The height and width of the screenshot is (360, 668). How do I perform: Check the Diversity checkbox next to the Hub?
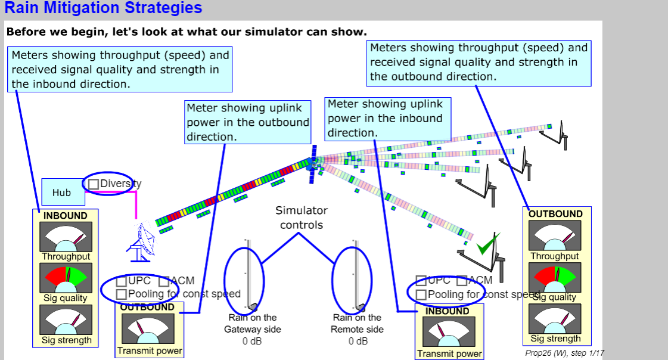[94, 184]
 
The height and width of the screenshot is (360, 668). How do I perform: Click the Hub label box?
[61, 193]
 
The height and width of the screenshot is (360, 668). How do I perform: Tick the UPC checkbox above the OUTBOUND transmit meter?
[122, 281]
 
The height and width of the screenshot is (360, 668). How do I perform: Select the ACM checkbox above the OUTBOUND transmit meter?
[164, 281]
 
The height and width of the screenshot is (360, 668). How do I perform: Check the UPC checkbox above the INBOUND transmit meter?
[421, 281]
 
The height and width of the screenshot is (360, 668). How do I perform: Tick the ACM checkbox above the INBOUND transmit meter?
[462, 281]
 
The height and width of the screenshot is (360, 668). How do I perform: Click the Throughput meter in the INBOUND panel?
[66, 237]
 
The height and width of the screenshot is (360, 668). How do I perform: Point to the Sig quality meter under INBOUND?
[66, 278]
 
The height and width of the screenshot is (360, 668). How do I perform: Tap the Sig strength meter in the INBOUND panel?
[66, 320]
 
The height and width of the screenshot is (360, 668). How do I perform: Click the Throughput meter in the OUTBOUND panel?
[555, 235]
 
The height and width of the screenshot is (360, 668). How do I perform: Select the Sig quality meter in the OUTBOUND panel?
[555, 277]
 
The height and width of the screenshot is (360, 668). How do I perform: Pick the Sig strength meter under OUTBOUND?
[555, 318]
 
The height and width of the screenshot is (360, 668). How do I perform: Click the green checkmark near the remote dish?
[487, 244]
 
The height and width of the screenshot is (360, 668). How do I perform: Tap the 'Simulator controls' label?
[302, 218]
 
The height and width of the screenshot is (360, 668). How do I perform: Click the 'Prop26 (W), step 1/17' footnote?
[564, 353]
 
